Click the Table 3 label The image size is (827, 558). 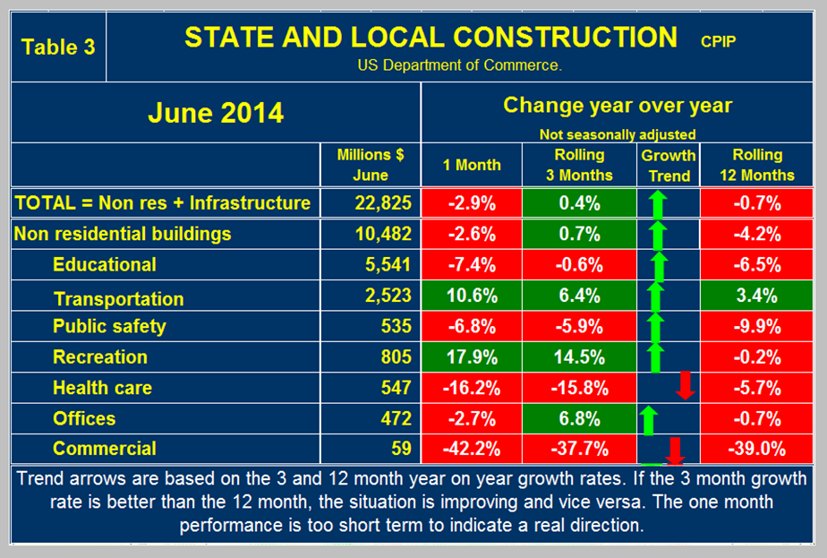57,47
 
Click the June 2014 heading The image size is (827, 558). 215,113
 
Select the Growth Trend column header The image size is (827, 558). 669,166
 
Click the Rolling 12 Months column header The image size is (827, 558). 756,166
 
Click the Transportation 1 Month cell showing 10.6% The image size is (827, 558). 472,296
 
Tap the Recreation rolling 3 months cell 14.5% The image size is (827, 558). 578,357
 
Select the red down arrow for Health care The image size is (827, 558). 686,385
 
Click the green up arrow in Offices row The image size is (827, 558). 649,418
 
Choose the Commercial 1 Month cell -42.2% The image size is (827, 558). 472,449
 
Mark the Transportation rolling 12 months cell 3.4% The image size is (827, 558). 756,296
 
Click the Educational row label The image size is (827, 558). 104,265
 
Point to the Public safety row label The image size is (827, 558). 109,326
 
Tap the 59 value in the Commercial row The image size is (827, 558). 400,449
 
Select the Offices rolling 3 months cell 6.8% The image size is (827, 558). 578,418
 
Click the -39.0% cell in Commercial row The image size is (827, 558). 756,449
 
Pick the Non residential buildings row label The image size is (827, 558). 123,234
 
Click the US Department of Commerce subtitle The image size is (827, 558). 459,65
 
